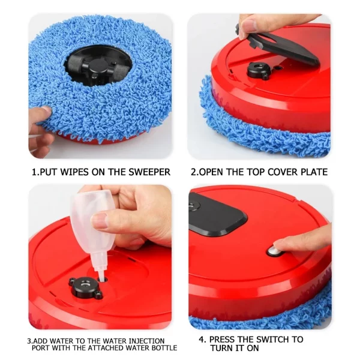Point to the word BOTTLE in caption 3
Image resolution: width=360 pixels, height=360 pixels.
(x=163, y=348)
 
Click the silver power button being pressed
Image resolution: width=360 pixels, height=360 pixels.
(x=275, y=250)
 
